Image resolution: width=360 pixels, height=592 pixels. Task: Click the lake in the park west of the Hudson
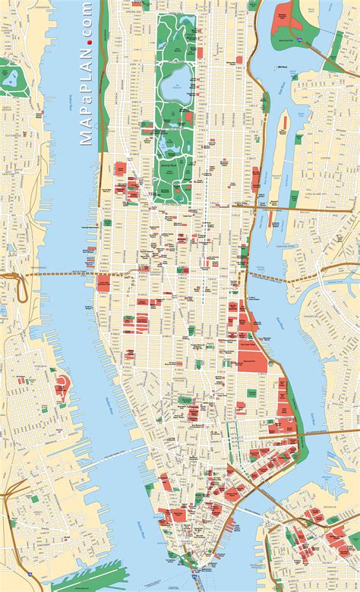click(x=11, y=77)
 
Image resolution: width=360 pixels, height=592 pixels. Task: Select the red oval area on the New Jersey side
click(x=62, y=387)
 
